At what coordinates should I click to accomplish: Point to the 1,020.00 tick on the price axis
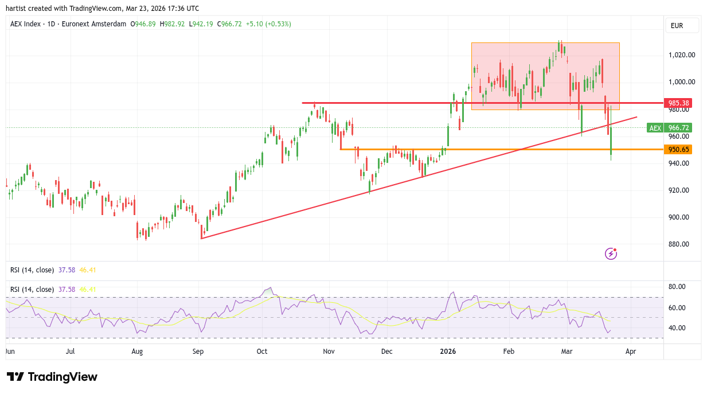point(682,55)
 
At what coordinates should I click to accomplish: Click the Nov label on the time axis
point(329,351)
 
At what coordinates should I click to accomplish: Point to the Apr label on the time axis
point(631,351)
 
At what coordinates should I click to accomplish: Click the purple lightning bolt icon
point(611,253)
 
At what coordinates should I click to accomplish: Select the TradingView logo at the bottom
point(52,377)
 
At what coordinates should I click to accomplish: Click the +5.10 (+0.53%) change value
point(268,24)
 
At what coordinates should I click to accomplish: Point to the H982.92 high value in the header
point(172,24)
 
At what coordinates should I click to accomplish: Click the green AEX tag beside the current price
point(655,128)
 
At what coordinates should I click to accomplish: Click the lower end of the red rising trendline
point(201,238)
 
